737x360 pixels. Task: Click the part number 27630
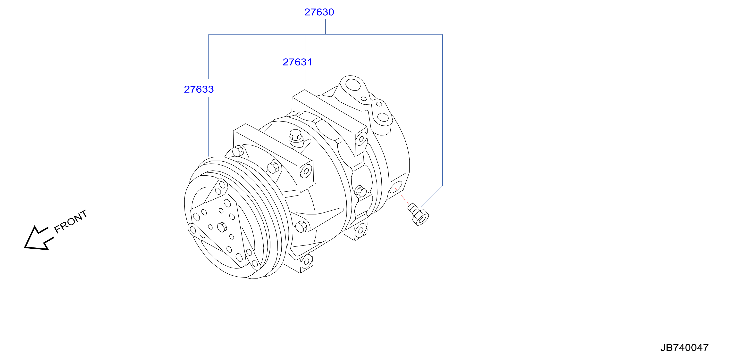coord(319,12)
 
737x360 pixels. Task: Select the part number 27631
coord(297,62)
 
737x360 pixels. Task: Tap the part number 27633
coord(199,89)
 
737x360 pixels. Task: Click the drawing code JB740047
coord(684,347)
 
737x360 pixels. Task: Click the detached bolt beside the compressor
coord(418,214)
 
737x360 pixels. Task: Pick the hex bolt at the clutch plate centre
coord(222,227)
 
